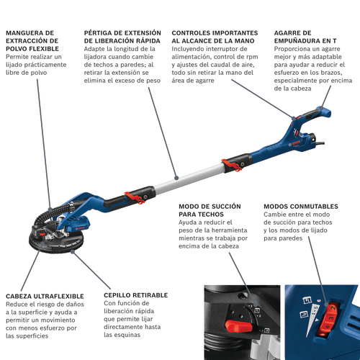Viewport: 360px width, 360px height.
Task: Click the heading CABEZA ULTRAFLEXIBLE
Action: click(x=45, y=296)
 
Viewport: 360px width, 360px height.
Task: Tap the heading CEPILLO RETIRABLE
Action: click(x=135, y=295)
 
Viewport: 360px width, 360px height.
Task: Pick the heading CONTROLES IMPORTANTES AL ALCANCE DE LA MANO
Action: click(x=215, y=37)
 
